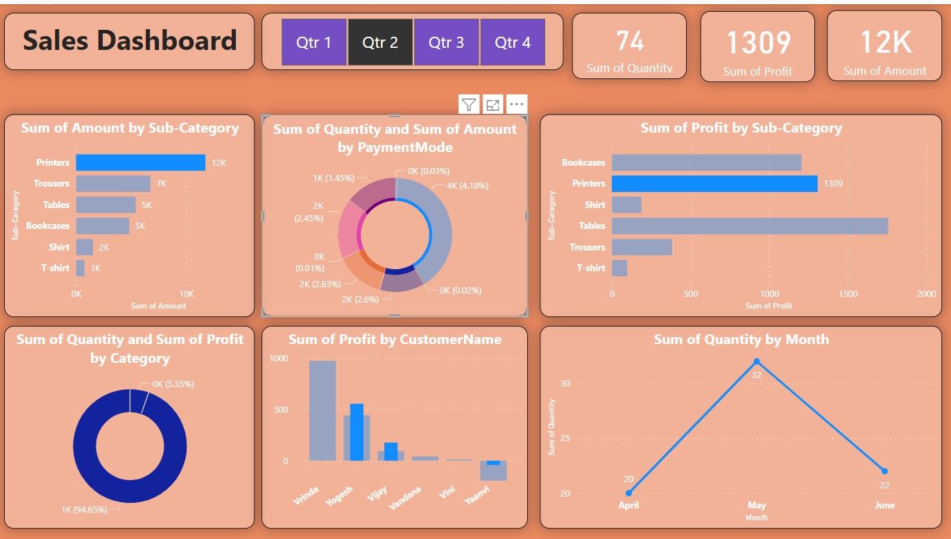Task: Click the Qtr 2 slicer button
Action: point(380,42)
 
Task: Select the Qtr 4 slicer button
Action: point(512,42)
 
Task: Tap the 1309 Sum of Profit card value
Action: point(758,43)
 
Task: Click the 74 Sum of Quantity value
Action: point(630,41)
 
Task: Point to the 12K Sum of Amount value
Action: point(885,43)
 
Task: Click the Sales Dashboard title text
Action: point(130,40)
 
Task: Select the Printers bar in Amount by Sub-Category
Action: point(140,162)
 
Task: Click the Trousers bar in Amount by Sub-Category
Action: point(113,183)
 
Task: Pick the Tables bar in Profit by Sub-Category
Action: point(749,225)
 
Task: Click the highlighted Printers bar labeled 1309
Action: point(714,183)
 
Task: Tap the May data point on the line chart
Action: point(756,361)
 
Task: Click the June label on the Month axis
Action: point(884,506)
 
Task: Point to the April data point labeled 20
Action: point(628,493)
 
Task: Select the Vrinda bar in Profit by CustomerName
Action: point(323,411)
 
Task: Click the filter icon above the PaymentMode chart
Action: point(470,105)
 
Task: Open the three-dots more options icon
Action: point(516,105)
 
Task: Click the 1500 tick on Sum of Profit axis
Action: point(848,294)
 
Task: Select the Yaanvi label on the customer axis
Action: point(477,495)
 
